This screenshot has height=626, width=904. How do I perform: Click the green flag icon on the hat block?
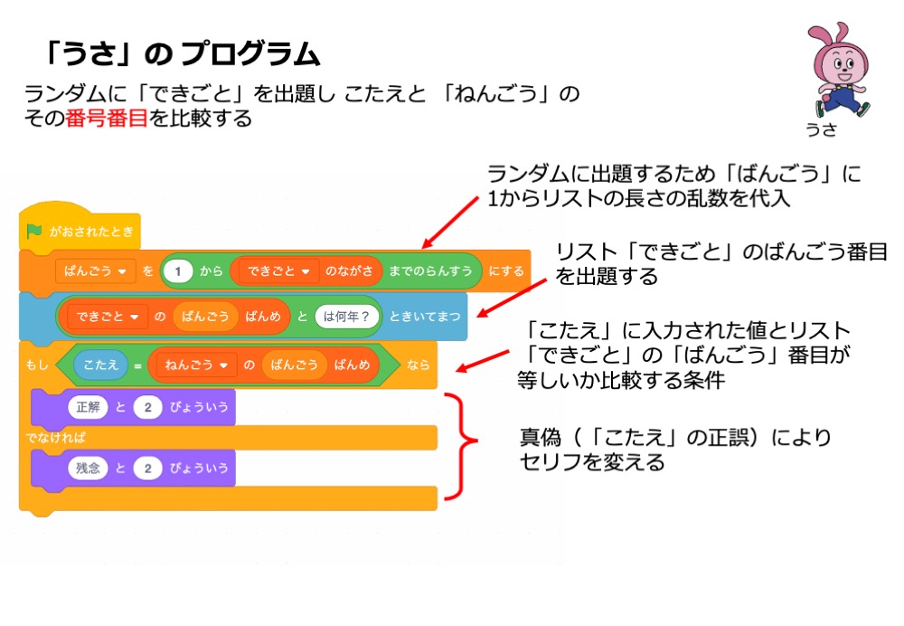pyautogui.click(x=34, y=231)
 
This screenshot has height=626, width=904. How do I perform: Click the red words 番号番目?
pyautogui.click(x=106, y=119)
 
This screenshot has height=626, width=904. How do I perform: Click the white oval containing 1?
pyautogui.click(x=179, y=270)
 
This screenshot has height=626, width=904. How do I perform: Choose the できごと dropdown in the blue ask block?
pyautogui.click(x=107, y=317)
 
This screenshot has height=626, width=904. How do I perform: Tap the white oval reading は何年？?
pyautogui.click(x=347, y=317)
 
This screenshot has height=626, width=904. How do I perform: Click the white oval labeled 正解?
pyautogui.click(x=87, y=407)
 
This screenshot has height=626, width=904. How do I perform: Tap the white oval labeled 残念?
pyautogui.click(x=87, y=468)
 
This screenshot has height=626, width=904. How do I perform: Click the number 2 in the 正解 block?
pyautogui.click(x=147, y=407)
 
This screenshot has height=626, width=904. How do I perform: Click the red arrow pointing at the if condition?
pyautogui.click(x=484, y=355)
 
